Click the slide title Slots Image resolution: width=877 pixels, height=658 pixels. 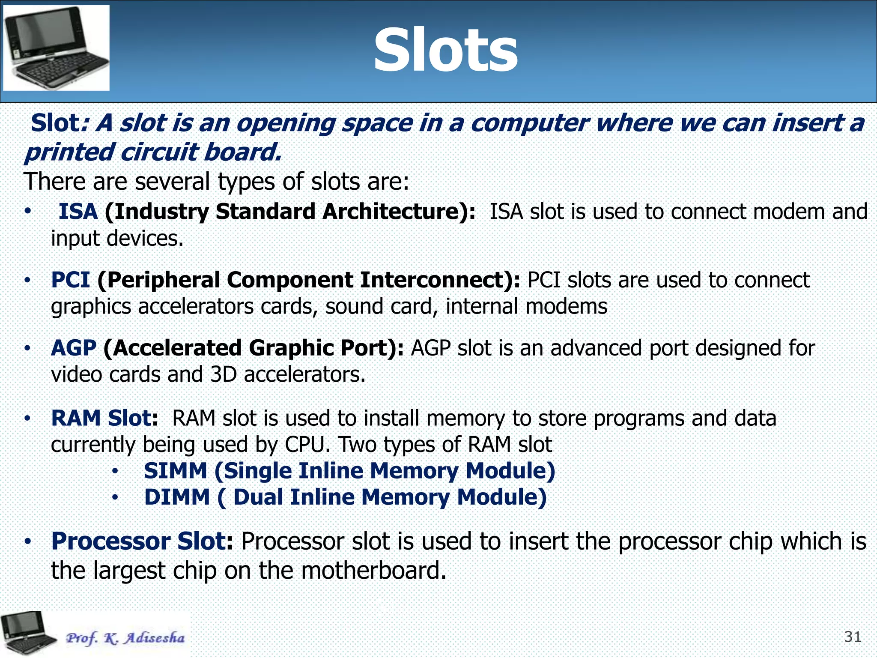coord(445,51)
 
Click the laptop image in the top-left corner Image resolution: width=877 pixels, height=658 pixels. coord(56,48)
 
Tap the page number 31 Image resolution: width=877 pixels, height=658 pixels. coord(853,637)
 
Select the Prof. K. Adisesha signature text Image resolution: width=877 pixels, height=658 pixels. coord(125,638)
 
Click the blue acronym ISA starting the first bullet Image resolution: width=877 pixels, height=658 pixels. coord(78,212)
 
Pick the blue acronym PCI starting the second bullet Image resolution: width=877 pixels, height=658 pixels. coord(70,280)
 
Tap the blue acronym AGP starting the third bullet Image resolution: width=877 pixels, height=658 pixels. coord(73,348)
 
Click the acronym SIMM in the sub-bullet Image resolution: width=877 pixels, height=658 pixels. coord(176,471)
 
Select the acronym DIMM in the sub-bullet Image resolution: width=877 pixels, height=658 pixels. coord(177,497)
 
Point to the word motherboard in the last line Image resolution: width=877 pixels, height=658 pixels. coord(373,571)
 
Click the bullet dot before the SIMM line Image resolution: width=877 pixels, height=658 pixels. coord(115,472)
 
